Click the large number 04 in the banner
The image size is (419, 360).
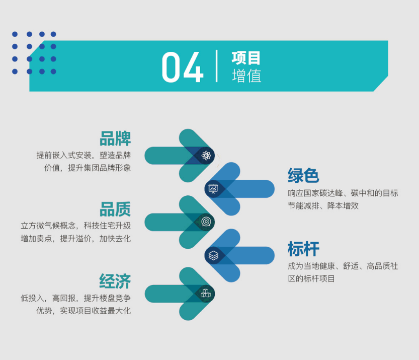click(183, 67)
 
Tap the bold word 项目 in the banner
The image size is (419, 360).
click(246, 58)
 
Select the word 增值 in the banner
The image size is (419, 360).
click(246, 76)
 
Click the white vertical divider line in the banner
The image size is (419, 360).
click(216, 66)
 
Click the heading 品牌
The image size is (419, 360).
click(115, 138)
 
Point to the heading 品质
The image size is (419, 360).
click(115, 209)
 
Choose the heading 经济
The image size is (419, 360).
click(115, 281)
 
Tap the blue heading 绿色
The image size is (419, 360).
click(304, 175)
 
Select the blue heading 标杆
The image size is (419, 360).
click(304, 249)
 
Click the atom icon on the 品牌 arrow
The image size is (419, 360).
click(206, 156)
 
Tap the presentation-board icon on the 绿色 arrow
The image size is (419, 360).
click(213, 189)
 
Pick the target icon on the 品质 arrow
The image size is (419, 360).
click(206, 222)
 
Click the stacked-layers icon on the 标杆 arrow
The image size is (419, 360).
click(213, 255)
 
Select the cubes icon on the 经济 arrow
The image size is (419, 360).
click(206, 294)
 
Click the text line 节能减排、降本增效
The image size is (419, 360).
click(323, 205)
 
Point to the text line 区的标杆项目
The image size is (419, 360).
click(311, 279)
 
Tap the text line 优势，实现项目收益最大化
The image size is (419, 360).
click(83, 311)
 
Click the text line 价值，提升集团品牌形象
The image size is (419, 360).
click(88, 168)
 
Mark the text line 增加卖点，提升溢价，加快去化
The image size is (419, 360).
click(76, 238)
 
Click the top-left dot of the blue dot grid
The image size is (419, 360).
click(15, 34)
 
